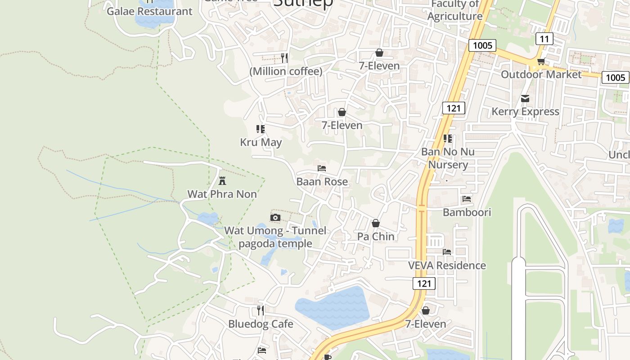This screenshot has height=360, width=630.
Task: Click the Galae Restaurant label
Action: pos(149,11)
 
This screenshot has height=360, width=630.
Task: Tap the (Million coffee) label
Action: pos(286,71)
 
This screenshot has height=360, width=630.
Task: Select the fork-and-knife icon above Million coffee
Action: pos(284,58)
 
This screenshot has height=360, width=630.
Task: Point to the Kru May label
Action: pos(261,142)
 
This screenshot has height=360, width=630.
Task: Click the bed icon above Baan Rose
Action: pos(322,168)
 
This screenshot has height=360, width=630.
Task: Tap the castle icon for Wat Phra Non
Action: pos(222,181)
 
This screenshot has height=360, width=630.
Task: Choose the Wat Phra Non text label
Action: pos(222,194)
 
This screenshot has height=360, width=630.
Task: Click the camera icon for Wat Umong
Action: pos(275,218)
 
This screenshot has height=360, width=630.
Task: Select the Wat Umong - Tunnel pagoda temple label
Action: pos(275,237)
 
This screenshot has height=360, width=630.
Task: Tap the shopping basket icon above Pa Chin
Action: pos(376,223)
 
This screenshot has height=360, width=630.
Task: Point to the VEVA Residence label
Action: pos(447,265)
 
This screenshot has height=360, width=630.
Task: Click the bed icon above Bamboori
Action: pos(467,198)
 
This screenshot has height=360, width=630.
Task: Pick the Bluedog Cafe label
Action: pos(261,324)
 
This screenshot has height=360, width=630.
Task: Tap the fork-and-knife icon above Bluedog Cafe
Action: pos(261,310)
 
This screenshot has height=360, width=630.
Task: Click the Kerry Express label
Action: pos(525,111)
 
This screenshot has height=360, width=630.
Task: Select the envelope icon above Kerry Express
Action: pos(525,99)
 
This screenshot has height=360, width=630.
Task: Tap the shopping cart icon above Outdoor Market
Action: pos(541,61)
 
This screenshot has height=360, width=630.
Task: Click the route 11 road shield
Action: pos(544,39)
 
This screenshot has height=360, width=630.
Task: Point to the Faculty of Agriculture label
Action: pos(455,10)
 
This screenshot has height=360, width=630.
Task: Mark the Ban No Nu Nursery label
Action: pos(448,158)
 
